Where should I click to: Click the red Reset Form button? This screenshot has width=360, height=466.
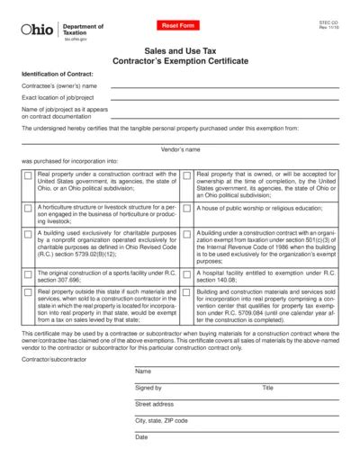[x=177, y=27]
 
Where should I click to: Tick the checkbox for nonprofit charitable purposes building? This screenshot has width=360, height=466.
[x=28, y=235]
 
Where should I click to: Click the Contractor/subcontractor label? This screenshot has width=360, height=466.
[x=51, y=359]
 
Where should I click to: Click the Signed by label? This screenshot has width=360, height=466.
[x=148, y=388]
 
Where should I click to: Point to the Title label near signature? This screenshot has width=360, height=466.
[x=267, y=388]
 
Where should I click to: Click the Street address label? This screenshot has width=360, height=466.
[x=155, y=404]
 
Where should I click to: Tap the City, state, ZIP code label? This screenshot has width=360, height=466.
[x=161, y=420]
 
